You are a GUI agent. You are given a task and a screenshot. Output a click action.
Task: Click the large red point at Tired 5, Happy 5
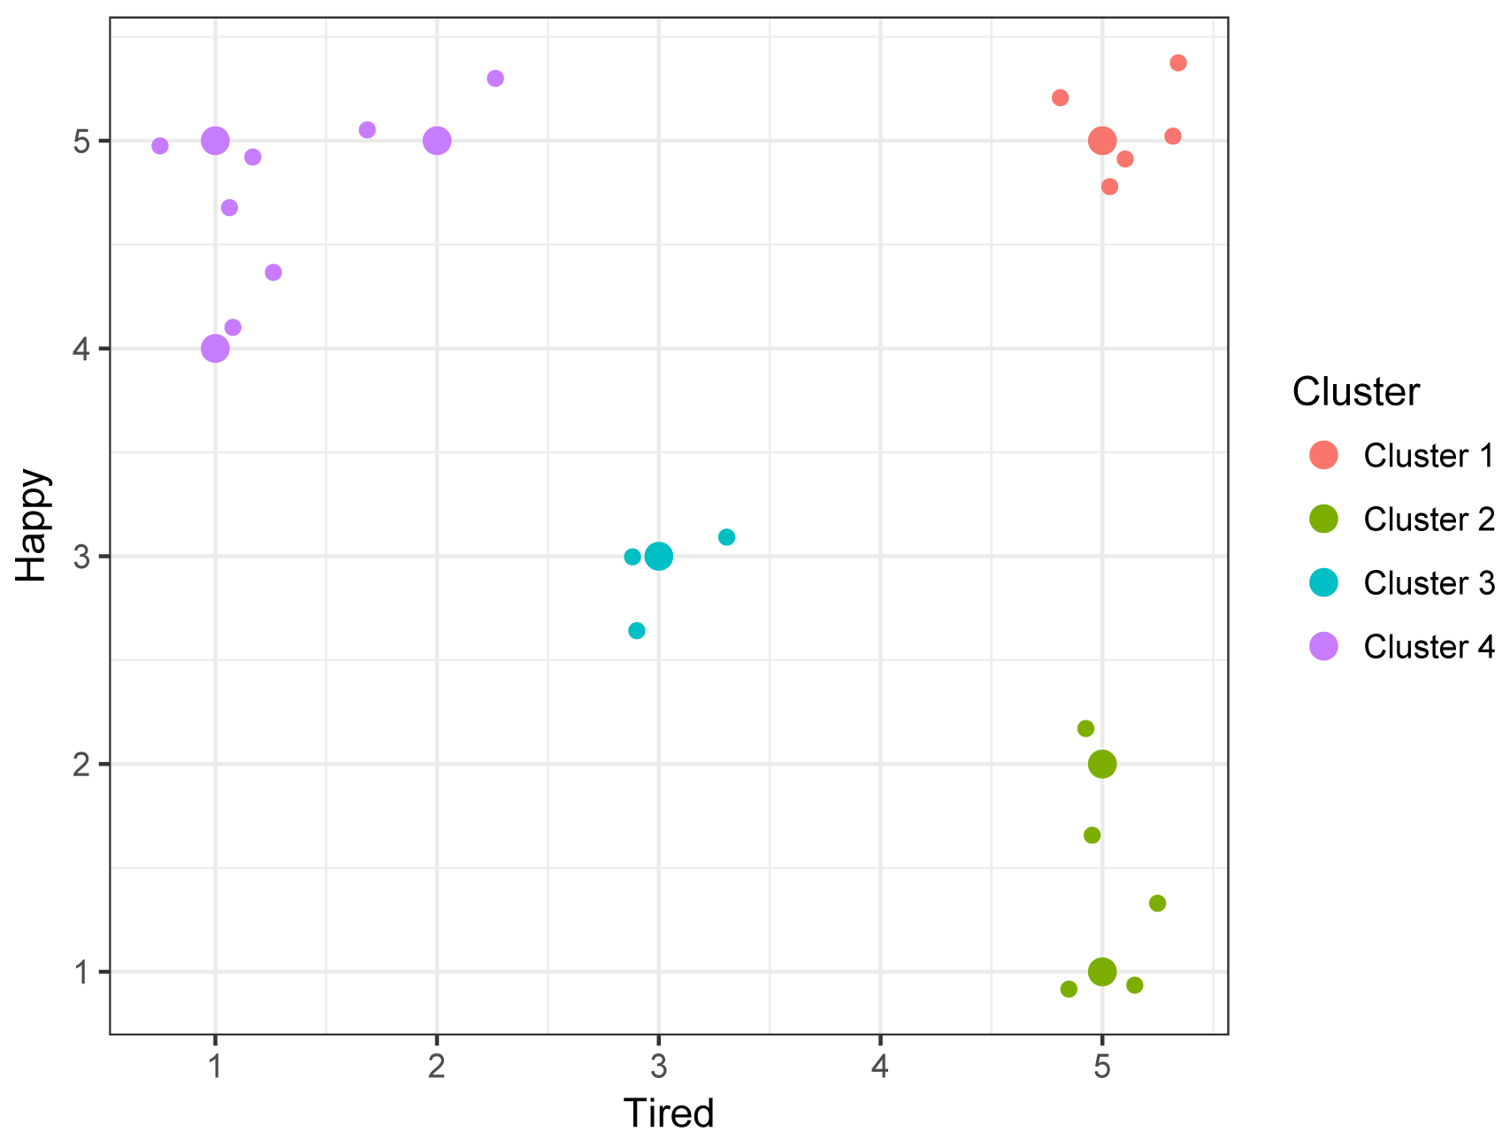pos(1101,141)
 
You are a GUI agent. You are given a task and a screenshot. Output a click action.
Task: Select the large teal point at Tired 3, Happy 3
pos(658,557)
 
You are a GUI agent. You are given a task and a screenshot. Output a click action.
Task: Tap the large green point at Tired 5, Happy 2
pos(1101,764)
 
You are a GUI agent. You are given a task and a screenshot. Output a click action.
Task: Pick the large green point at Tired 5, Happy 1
pos(1101,972)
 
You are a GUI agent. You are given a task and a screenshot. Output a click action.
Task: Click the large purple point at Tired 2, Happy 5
pos(436,141)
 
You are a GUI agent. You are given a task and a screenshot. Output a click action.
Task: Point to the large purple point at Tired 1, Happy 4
pos(215,349)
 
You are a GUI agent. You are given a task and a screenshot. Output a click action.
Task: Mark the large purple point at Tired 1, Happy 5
pos(215,141)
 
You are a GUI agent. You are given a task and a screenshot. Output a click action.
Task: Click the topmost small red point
pos(1177,63)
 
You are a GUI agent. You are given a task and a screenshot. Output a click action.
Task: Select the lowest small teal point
pos(637,631)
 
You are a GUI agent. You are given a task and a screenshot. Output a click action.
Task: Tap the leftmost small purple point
pos(160,146)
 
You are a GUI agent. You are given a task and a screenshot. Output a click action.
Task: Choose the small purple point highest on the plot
pos(495,79)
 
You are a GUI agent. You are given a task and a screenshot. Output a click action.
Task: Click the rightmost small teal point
pos(726,537)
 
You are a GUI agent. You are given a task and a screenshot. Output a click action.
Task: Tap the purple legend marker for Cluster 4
pos(1323,647)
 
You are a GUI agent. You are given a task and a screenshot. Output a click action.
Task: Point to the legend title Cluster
pos(1355,391)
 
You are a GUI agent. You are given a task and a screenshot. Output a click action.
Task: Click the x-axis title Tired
pos(668,1113)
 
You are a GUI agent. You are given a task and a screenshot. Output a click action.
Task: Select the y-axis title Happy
pos(32,525)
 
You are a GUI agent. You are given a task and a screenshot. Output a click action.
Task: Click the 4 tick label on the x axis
pos(879,1068)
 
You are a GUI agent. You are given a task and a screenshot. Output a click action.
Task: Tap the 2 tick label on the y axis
pos(82,765)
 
